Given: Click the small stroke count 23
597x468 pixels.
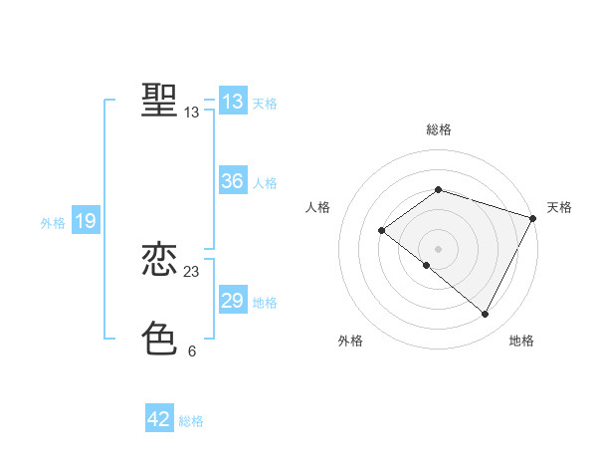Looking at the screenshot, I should [x=192, y=272].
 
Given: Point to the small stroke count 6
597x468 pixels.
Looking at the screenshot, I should [x=192, y=351].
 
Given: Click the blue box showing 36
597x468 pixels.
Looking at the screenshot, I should [x=232, y=181].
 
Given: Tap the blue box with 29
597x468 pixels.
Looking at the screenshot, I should [x=232, y=301].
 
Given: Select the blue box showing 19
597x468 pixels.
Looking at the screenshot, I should [x=85, y=221].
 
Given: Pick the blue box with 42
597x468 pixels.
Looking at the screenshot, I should [x=159, y=419].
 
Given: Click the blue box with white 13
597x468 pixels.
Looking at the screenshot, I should [x=232, y=102].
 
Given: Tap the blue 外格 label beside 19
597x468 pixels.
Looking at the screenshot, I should [x=53, y=223].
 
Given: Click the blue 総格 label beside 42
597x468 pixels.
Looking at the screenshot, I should [x=191, y=421].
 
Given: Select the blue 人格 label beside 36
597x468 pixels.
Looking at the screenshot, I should [x=265, y=183].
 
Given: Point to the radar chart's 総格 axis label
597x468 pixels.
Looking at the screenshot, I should [x=439, y=129].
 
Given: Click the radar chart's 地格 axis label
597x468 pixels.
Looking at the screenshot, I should [x=521, y=342].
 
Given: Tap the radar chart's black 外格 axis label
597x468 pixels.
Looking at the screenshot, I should [x=350, y=342].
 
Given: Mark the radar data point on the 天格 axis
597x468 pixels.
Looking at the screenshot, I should [x=533, y=217].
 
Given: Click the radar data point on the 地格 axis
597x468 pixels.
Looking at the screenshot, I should [x=486, y=315].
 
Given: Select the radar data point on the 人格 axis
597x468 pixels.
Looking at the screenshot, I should [x=381, y=230].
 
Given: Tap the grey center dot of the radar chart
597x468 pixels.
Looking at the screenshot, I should [x=438, y=248].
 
